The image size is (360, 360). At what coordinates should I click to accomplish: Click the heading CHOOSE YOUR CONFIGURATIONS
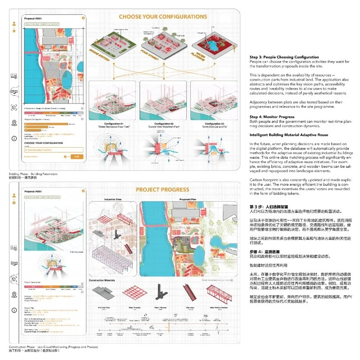pos(162,17)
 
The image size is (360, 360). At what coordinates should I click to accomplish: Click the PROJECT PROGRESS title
pos(162,189)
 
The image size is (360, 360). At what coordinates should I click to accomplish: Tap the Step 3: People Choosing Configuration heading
pos(284,58)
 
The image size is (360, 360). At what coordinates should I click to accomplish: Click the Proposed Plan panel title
pos(191,198)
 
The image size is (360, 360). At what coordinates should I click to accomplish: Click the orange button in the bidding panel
pos(76,157)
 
